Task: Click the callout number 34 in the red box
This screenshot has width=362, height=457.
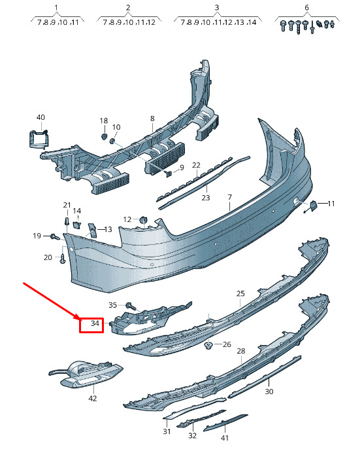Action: point(95,323)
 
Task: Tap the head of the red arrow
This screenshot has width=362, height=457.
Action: point(78,318)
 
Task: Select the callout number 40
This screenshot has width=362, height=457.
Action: point(41,117)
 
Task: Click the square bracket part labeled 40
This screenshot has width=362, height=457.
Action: point(38,139)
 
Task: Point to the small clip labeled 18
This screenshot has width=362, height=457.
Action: point(104,136)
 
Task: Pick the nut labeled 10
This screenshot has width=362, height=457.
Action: point(112,141)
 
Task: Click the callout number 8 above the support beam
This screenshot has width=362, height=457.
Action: point(152,119)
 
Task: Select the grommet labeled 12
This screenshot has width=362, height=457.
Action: point(143,220)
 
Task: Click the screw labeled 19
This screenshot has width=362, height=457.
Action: point(55,236)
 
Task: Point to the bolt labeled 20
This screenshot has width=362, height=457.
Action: point(63,259)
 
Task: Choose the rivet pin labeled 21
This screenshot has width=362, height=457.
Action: point(67,221)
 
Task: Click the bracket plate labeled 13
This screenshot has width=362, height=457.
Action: point(92,230)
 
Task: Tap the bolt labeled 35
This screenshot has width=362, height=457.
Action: point(131,306)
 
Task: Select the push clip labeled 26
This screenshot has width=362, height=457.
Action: point(208,346)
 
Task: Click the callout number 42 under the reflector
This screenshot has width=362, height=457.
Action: point(93,398)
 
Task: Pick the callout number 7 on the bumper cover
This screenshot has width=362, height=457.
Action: point(230,197)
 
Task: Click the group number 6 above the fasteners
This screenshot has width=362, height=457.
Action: point(306,8)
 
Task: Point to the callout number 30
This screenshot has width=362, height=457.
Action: point(269,392)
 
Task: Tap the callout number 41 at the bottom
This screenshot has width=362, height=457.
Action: point(225,438)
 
